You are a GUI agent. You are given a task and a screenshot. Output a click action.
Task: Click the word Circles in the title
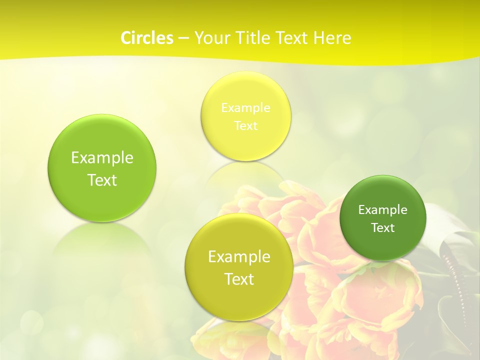147,38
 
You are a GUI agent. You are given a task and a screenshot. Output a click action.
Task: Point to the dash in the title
183,38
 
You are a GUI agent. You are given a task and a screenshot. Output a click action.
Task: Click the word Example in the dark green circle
383,210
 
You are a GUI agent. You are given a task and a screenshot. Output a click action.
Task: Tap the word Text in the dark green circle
383,228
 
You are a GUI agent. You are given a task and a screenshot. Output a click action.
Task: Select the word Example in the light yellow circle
245,108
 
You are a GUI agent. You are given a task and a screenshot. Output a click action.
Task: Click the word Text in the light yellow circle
245,126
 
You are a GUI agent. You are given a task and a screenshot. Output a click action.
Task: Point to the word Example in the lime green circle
102,158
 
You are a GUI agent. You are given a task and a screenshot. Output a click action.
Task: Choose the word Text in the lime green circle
102,180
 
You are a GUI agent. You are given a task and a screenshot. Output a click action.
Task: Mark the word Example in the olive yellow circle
239,257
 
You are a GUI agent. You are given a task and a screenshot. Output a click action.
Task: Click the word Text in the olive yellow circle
239,279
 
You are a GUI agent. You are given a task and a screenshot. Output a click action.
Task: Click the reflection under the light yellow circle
245,172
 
